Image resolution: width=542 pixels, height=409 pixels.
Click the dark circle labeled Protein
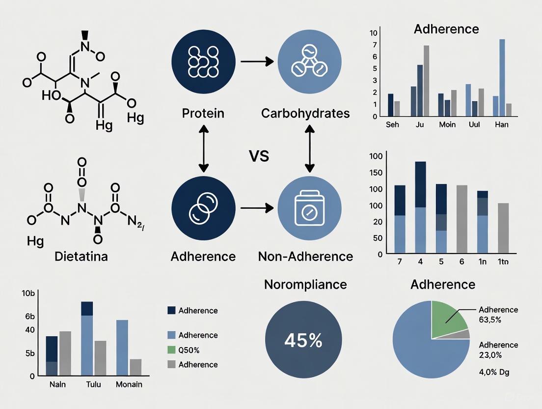[203, 61]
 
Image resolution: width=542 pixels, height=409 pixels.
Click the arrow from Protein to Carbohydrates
[256, 61]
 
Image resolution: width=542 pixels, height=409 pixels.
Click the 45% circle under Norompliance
[303, 340]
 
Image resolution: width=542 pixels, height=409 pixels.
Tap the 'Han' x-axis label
[501, 124]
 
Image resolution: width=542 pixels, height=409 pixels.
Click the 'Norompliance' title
[305, 284]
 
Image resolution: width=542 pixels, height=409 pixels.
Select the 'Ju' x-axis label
[420, 124]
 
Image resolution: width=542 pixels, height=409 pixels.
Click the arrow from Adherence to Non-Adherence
[256, 208]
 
